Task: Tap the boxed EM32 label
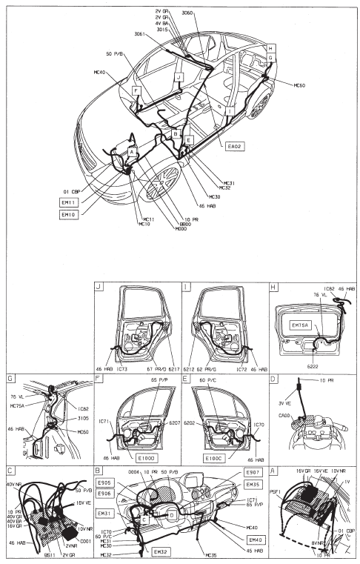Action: click(161, 551)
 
